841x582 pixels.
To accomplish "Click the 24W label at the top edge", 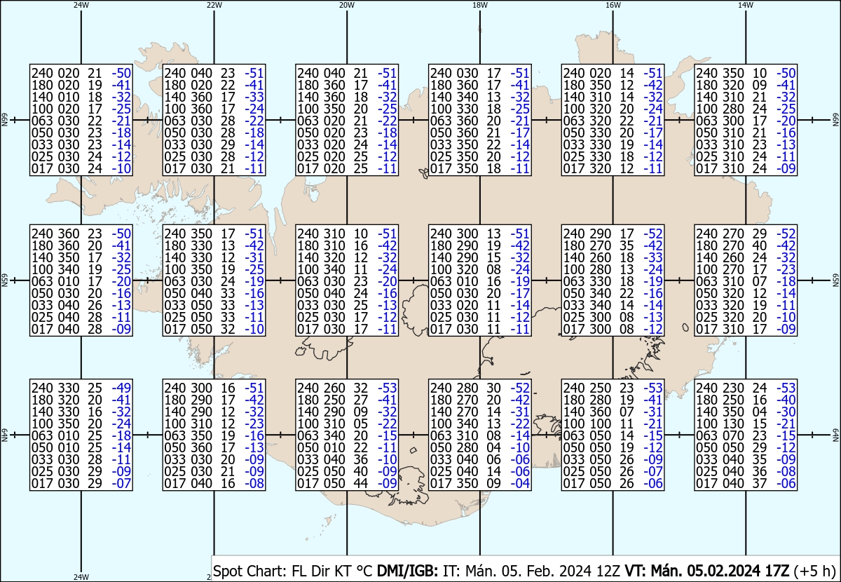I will [81, 5].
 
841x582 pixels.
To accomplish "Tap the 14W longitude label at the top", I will [746, 5].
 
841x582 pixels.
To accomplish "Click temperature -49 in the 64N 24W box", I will [121, 388].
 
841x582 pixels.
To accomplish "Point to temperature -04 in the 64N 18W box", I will [519, 483].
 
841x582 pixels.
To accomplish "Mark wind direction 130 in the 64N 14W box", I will [730, 424].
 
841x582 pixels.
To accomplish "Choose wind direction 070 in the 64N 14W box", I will [730, 435].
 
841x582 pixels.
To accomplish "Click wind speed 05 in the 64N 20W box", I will [361, 424].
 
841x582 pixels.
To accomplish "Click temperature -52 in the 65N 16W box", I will [653, 234].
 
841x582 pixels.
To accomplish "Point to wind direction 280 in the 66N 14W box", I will [730, 109].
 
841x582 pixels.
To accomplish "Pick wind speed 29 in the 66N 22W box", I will [227, 144].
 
